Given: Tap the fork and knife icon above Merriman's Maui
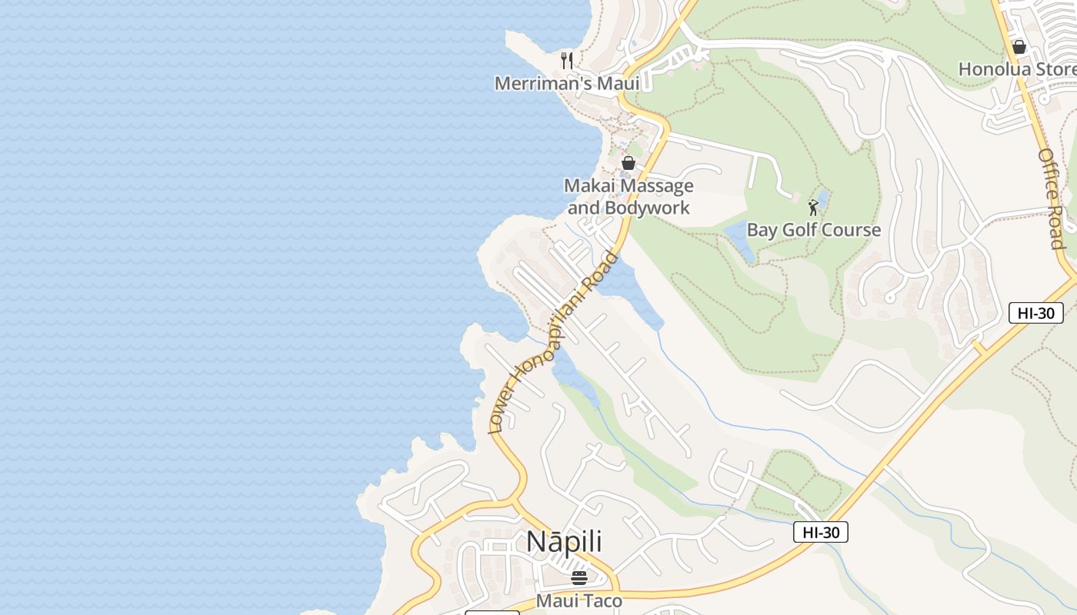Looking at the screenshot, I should [567, 60].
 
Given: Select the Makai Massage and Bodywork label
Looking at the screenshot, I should [629, 197].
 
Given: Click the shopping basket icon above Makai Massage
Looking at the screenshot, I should [629, 163].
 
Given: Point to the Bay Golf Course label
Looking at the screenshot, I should [814, 230].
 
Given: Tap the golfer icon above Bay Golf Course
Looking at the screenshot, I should [813, 208].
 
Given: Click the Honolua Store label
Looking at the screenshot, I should [1017, 69].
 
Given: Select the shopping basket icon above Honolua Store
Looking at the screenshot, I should [1019, 47].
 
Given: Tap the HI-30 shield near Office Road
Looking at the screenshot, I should [1035, 313].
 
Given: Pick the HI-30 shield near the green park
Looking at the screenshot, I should [820, 532].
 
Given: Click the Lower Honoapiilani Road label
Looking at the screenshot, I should [553, 342].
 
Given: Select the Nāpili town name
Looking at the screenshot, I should [564, 542].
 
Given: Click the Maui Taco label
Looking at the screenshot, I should [579, 600].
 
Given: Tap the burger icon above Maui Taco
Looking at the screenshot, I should [579, 577].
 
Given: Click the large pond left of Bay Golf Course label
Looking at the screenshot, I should [739, 240].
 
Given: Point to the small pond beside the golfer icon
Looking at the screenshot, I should [822, 198].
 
